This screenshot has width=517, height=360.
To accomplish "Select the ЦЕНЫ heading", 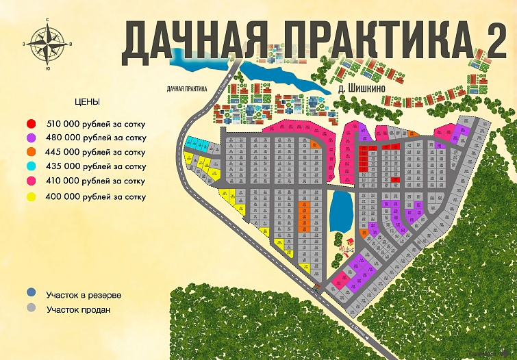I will [x=87, y=101].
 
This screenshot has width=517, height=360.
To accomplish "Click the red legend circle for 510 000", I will [x=31, y=124].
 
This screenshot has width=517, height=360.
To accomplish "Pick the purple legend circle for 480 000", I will [x=31, y=138].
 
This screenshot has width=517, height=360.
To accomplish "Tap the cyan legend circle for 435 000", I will [x=31, y=166].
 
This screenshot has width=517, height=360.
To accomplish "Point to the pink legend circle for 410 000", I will [x=31, y=181].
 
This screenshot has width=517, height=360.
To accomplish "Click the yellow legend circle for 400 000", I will [x=31, y=196].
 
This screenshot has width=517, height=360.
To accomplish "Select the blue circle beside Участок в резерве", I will [x=31, y=295].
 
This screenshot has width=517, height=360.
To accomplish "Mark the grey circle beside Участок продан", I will [x=31, y=309].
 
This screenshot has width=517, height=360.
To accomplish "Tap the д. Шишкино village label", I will [x=364, y=88].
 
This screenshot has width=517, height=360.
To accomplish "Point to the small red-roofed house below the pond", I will [x=349, y=242].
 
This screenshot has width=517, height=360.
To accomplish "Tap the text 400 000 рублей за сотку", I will [x=96, y=196].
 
